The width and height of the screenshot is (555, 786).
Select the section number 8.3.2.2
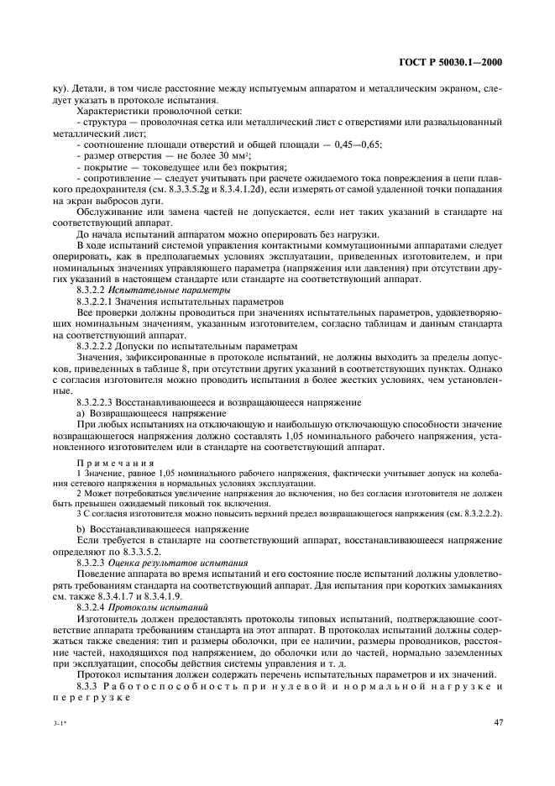pyautogui.click(x=93, y=289)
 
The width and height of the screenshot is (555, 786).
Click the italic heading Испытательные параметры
pyautogui.click(x=159, y=289)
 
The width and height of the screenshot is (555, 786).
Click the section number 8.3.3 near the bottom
pyautogui.click(x=88, y=682)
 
